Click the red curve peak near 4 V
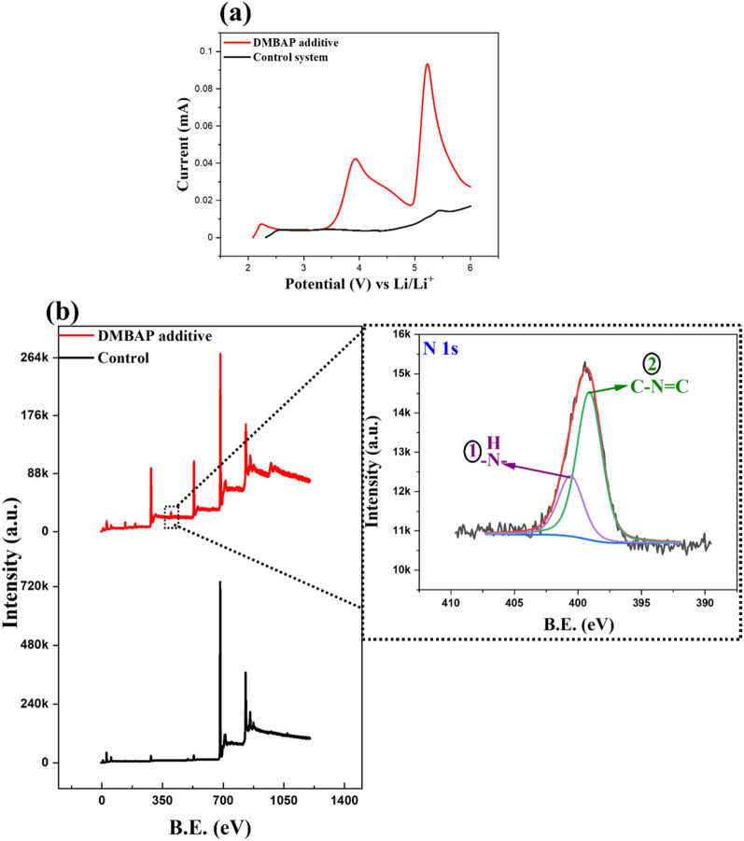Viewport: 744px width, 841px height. (x=355, y=159)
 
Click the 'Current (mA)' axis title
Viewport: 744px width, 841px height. (x=187, y=139)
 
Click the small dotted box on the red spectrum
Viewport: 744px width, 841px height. (x=171, y=516)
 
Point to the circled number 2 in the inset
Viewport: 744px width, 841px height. (x=645, y=363)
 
